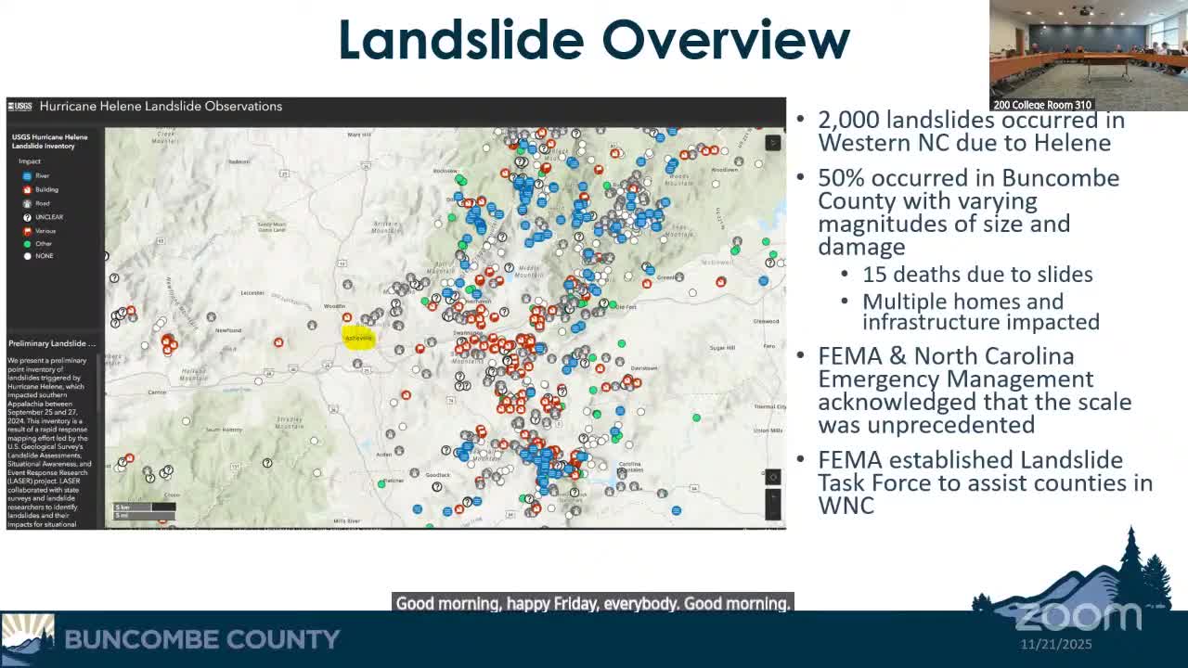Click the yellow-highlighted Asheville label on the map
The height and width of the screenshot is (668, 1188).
[x=358, y=338]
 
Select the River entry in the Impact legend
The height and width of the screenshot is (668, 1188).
[x=42, y=175]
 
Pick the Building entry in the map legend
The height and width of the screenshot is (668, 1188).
[x=45, y=189]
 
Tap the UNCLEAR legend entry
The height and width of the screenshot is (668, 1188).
[x=48, y=217]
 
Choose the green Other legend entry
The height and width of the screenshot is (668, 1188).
[x=43, y=243]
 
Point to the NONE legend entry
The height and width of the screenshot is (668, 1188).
[x=44, y=256]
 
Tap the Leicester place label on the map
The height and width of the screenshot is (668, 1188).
[x=252, y=293]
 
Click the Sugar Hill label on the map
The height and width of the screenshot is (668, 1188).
[x=722, y=347]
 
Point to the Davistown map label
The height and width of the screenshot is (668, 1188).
[x=643, y=368]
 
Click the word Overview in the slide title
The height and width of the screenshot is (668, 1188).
[x=725, y=40]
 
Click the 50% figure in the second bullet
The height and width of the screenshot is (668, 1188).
[x=841, y=178]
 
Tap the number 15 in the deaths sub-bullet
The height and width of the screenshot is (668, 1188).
[x=874, y=275]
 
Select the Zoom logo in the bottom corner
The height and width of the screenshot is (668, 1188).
[x=1077, y=615]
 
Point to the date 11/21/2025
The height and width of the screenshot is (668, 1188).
[x=1056, y=644]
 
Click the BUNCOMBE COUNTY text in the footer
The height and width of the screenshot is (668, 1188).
[x=201, y=639]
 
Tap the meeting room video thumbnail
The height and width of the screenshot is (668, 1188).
[x=1088, y=55]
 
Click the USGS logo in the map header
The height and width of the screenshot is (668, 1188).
[x=19, y=107]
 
